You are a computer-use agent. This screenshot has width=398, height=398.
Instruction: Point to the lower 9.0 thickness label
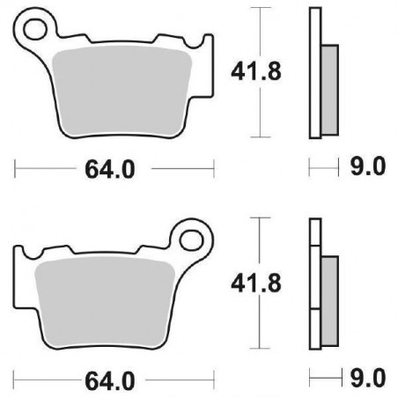tap(369, 380)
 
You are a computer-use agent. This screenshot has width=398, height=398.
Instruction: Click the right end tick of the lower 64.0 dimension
tap(213, 380)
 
